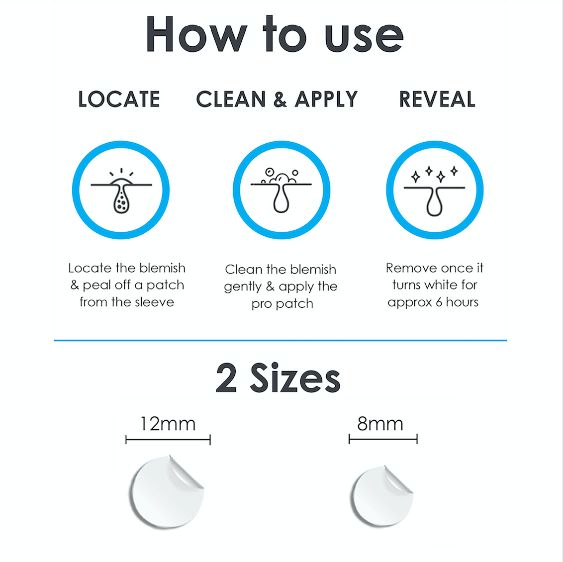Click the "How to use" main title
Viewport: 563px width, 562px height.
[x=275, y=35]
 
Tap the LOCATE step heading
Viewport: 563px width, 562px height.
[x=119, y=99]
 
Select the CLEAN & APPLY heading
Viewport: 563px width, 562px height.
[x=277, y=99]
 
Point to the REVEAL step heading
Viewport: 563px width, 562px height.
[x=437, y=99]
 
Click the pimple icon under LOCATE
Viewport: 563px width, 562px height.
[x=121, y=190]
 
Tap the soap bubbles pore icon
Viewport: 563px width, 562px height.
[x=281, y=190]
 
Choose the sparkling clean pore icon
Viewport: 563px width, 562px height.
[x=435, y=191]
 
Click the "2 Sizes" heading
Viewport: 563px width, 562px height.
[x=279, y=378]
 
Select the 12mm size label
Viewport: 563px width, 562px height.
[x=168, y=424]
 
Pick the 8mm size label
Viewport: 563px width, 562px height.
[x=380, y=424]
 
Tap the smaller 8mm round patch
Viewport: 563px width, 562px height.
[x=381, y=495]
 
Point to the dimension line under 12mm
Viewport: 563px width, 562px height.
[x=168, y=440]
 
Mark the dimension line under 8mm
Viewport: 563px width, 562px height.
[x=383, y=439]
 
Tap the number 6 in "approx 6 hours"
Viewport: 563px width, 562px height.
[x=439, y=302]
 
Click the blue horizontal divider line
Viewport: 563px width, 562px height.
[x=281, y=340]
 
